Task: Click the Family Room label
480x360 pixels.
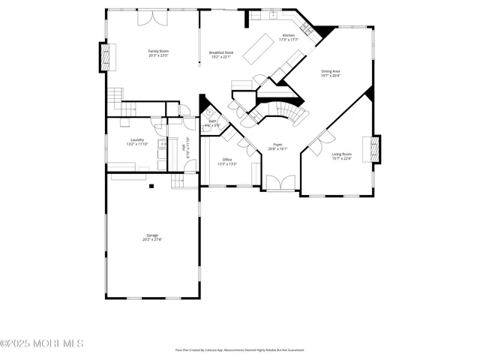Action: (x=158, y=53)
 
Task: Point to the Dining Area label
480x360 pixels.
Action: (x=331, y=73)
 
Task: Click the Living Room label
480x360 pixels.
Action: (x=342, y=156)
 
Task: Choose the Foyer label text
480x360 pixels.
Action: (x=277, y=146)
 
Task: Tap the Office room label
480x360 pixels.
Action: (x=227, y=161)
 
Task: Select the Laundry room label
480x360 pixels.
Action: (x=136, y=141)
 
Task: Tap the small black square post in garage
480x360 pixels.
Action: (x=151, y=185)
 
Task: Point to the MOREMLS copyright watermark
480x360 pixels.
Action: (x=42, y=343)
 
